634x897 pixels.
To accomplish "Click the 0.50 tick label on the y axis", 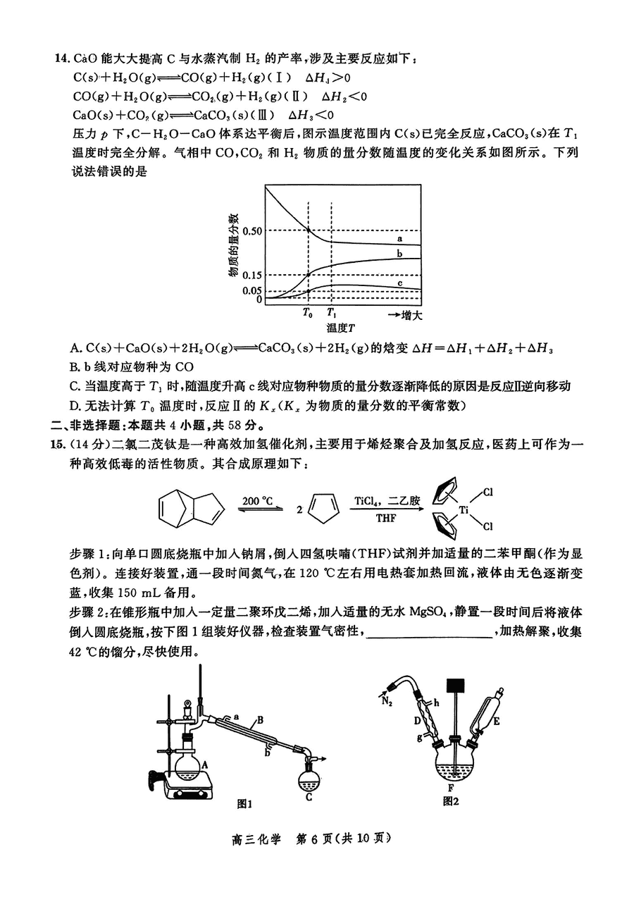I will [251, 230].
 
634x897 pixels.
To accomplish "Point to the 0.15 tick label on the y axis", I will [251, 275].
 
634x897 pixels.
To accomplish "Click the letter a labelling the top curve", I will [399, 239].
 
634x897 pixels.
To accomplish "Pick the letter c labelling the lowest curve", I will [399, 283].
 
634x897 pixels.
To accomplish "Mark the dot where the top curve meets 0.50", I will [309, 230].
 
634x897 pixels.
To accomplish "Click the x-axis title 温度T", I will [340, 328].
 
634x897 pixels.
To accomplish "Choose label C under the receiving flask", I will [309, 798].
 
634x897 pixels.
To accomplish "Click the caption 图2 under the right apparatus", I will [451, 801].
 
